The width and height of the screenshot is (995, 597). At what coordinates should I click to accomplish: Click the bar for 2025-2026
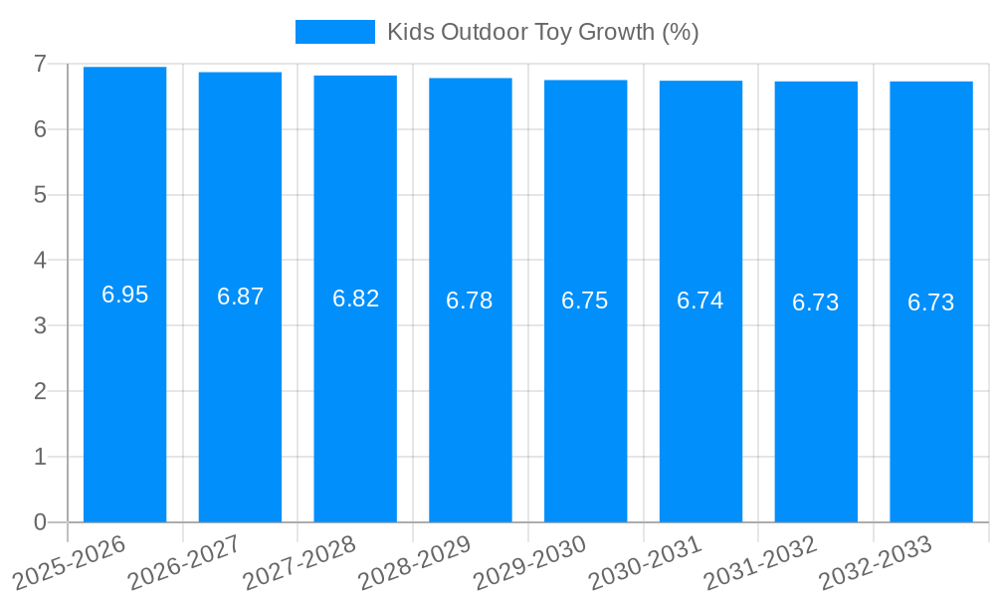(124, 398)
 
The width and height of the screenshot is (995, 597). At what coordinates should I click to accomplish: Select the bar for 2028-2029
(470, 398)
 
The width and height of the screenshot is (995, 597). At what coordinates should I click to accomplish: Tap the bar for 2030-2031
(700, 398)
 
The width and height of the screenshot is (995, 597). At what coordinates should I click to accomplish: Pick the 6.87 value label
(240, 297)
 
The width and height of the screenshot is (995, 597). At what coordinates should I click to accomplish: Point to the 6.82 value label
(355, 298)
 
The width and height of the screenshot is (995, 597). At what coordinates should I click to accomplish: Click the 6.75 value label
(585, 300)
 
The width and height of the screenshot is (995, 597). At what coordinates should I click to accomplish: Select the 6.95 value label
(124, 295)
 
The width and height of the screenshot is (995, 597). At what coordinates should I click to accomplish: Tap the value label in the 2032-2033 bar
(931, 302)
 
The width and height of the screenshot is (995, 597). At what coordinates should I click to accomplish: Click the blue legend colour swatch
(335, 32)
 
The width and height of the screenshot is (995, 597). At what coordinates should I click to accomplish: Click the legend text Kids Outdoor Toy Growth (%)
(543, 32)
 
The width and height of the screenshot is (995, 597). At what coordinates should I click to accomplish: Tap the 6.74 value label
(700, 300)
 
